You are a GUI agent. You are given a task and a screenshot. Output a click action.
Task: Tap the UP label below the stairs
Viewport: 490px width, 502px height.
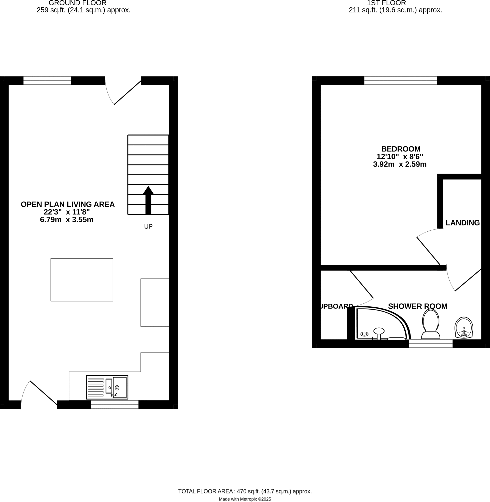click(x=148, y=226)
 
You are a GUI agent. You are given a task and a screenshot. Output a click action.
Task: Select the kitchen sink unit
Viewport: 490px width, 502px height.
click(x=107, y=387)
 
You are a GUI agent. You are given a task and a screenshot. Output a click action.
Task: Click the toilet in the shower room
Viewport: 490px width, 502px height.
click(x=431, y=324)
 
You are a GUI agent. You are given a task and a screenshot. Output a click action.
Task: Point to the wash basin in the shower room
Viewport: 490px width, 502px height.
click(x=464, y=327)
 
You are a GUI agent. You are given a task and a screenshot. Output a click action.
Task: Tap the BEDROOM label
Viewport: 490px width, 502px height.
click(x=401, y=149)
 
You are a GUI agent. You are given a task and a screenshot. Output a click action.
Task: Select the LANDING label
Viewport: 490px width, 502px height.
click(x=462, y=223)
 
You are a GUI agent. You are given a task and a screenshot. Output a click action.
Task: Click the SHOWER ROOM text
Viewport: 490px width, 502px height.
click(x=418, y=306)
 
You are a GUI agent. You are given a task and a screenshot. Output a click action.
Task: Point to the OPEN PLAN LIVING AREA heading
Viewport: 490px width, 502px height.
click(x=68, y=204)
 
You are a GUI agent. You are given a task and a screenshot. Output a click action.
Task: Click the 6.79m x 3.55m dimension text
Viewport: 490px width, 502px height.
click(x=67, y=220)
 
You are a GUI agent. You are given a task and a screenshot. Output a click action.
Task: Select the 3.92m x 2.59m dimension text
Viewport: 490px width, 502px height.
click(x=400, y=164)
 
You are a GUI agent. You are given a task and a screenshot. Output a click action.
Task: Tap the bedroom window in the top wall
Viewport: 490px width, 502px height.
click(x=400, y=80)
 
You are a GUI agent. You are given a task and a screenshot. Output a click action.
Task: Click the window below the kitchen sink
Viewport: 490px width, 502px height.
click(x=114, y=404)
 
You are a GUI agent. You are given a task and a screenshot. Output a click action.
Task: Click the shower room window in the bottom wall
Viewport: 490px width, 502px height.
click(x=431, y=344)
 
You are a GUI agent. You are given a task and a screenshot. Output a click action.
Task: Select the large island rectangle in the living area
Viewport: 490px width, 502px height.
click(x=82, y=280)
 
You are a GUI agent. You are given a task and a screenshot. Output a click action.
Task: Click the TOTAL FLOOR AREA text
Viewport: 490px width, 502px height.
click(x=245, y=491)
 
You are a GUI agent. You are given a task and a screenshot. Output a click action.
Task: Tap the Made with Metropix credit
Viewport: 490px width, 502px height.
click(x=245, y=499)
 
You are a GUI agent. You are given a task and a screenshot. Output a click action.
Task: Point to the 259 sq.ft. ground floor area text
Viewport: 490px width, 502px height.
click(x=83, y=10)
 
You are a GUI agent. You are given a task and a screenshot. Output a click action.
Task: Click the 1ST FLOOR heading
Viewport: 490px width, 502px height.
click(x=386, y=3)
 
